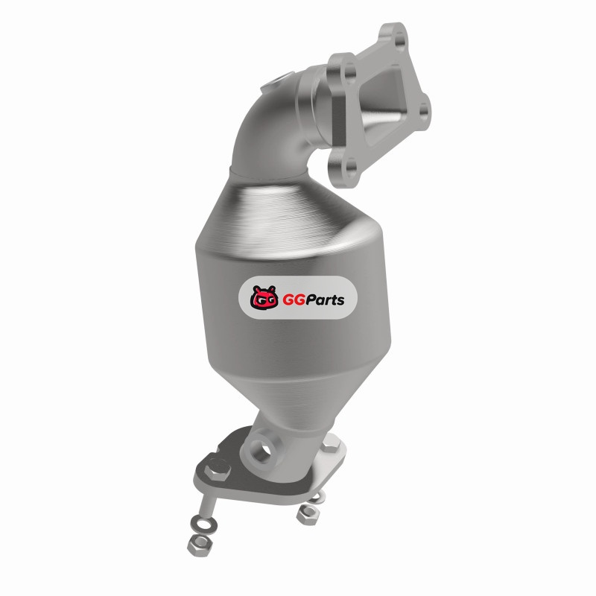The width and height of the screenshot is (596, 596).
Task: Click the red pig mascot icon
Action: (264, 297)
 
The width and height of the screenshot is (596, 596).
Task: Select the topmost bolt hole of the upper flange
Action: (399, 39)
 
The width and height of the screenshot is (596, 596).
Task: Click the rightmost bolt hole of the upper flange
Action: (424, 109)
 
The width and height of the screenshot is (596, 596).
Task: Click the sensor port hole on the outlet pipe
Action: (261, 448)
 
